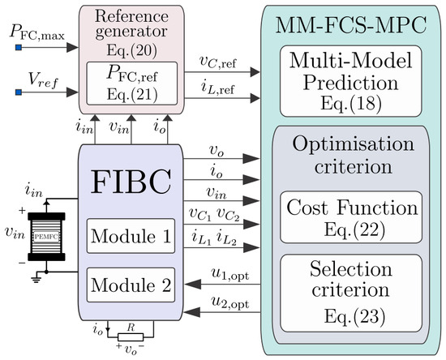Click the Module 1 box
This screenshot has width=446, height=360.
pos(131,236)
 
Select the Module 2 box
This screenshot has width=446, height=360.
pos(131,285)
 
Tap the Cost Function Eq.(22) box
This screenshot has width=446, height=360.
pos(351,217)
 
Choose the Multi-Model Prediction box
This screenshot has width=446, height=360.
pos(350,81)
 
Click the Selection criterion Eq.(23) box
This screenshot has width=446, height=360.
pos(351,294)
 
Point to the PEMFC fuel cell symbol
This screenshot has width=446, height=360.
pos(46,236)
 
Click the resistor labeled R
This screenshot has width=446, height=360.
pos(131,337)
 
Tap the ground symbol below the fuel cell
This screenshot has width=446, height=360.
pos(36,280)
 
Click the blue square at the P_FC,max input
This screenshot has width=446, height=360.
pos(19,48)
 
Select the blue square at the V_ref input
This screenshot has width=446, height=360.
pos(19,92)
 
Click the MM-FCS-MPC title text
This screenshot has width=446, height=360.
pos(350,25)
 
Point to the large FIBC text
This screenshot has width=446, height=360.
pos(131,182)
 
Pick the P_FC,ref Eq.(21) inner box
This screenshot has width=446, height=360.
pos(132,84)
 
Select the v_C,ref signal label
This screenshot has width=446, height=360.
pos(218,62)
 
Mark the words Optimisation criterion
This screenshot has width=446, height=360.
pos(353,155)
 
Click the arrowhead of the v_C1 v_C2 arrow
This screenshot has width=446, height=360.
pos(251,225)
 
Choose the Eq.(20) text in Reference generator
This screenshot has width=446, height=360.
pos(131,50)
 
